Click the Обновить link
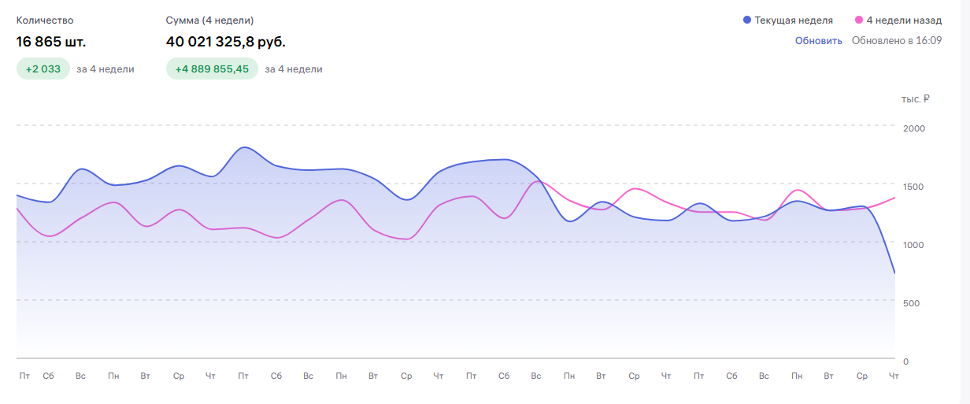[x=818, y=41]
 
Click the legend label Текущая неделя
[x=793, y=20]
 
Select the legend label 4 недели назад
[x=903, y=20]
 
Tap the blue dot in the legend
[x=747, y=20]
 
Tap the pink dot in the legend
[x=858, y=20]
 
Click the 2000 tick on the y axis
[x=914, y=128]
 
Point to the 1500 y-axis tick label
[x=914, y=186]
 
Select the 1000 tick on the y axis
[x=914, y=244]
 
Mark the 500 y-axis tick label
[x=911, y=302]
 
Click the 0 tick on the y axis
[x=905, y=361]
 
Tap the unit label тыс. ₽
[x=916, y=99]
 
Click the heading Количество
[x=45, y=20]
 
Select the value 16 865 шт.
[x=51, y=41]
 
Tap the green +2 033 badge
[x=43, y=69]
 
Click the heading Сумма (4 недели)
[x=210, y=20]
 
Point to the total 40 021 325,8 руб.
[x=226, y=41]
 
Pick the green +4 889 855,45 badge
[x=212, y=69]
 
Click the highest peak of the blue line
[x=244, y=147]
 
